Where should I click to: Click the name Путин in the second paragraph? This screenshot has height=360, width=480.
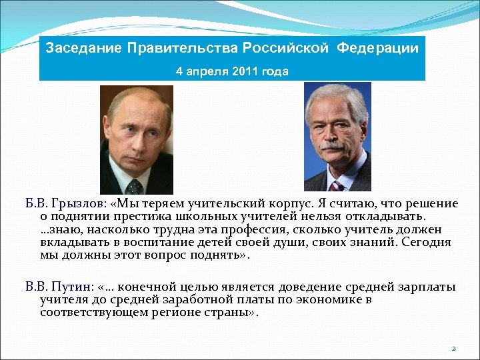[71, 287]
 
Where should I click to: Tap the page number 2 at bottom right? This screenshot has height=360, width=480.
[453, 348]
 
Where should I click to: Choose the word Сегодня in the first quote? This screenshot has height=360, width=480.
[429, 242]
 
